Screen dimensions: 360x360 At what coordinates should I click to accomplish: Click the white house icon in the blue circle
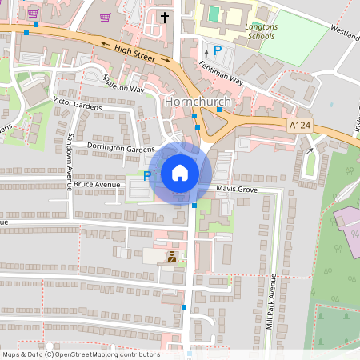click(x=180, y=173)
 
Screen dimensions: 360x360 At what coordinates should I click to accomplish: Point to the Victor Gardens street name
click(x=78, y=102)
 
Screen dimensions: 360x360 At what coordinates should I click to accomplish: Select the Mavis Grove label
click(x=237, y=190)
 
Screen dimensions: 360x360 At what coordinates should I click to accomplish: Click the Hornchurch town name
click(x=197, y=102)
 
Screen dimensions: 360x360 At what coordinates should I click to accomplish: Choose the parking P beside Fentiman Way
click(x=217, y=50)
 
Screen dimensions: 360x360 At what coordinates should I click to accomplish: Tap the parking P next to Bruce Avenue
click(x=146, y=175)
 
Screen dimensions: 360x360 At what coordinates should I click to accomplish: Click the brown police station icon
click(x=171, y=256)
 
